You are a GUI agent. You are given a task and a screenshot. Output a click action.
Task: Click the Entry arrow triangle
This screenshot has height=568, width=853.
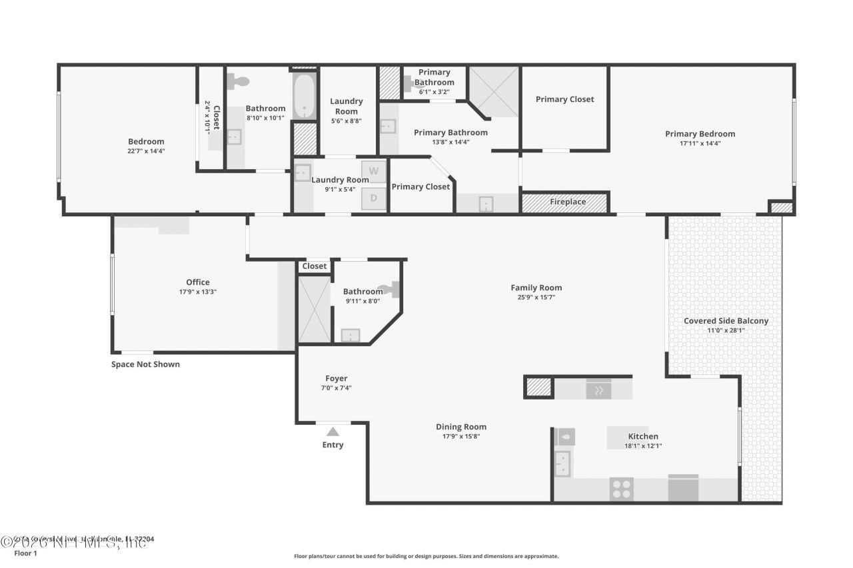coord(333,431)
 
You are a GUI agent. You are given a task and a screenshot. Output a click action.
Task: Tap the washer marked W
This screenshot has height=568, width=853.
coord(374,171)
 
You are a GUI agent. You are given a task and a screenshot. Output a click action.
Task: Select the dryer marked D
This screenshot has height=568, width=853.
coord(374,198)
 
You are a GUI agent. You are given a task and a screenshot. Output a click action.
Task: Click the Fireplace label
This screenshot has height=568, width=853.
coord(568,202)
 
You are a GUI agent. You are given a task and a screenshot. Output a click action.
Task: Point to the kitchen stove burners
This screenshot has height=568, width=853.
coord(622,489)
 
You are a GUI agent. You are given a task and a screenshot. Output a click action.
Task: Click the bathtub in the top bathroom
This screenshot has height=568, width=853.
coord(305,97)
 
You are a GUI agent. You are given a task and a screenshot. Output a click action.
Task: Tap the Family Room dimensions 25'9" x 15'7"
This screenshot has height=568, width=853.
coord(536,298)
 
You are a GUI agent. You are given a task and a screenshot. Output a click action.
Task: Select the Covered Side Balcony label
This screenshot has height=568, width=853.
coord(726,321)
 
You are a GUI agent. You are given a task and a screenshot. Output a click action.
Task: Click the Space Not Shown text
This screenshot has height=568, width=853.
coord(145,364)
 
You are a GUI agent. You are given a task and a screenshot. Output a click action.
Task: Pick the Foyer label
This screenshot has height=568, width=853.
coord(336,378)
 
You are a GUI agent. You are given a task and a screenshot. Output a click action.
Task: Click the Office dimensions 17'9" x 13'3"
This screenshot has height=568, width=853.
coord(198,292)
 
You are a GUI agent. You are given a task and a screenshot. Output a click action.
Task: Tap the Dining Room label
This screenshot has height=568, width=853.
coord(461,427)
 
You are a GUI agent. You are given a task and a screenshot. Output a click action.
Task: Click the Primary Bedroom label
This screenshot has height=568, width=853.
coord(700,134)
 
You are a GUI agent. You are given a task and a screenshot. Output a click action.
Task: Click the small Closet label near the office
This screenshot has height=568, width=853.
coord(315,266)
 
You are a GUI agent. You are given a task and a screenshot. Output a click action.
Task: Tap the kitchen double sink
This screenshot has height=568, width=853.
coord(563,463)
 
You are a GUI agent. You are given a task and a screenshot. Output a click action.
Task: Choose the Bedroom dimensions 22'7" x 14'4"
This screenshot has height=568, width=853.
coord(146,151)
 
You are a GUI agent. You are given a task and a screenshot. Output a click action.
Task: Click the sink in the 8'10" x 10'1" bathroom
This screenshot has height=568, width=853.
coord(234,137)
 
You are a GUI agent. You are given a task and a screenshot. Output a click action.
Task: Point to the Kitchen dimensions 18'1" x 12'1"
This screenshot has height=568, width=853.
coord(643,446)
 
